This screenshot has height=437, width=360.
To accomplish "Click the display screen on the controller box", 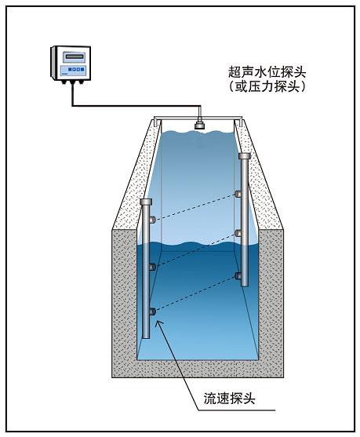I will (73, 56).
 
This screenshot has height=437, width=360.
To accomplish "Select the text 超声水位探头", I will (264, 72).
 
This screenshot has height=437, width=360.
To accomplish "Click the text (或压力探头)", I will (264, 87).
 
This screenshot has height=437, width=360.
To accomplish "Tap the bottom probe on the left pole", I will (152, 313).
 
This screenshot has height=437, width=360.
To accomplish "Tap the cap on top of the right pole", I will (243, 157).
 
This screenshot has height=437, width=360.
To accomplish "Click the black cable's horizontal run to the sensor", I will (133, 104).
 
